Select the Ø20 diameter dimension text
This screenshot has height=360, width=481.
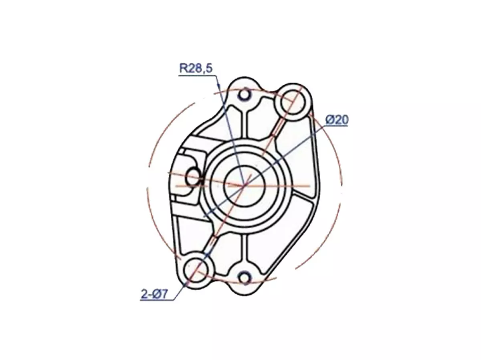click(x=337, y=120)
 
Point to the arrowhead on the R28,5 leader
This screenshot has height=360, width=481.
click(x=218, y=85)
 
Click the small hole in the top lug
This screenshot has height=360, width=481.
click(x=244, y=95)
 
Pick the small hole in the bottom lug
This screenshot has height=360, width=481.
click(x=244, y=277)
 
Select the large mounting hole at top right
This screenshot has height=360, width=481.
click(x=293, y=102)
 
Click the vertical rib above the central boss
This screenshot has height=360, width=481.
click(x=244, y=124)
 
